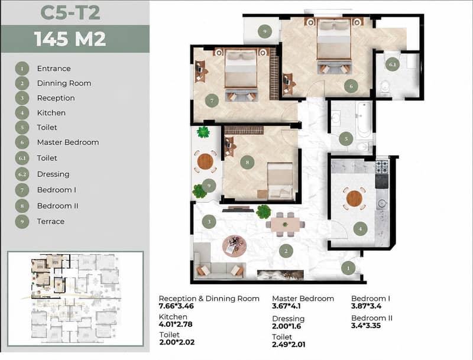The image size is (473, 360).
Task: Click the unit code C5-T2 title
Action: coord(70,13)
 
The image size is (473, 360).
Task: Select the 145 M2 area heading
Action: coord(70,39)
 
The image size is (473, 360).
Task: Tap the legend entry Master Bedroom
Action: coord(68,142)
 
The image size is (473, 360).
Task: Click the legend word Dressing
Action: coord(53,174)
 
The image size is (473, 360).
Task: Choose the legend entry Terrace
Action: coord(51,221)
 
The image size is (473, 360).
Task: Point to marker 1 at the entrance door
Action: coord(348,268)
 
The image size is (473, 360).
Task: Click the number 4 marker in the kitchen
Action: coord(360,229)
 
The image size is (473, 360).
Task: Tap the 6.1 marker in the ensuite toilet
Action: coord(393,64)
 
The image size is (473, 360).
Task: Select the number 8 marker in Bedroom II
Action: coord(247,162)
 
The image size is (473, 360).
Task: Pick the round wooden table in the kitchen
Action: coord(354,199)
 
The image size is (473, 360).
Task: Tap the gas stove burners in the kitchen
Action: coord(381,167)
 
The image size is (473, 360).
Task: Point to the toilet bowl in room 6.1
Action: coord(385,87)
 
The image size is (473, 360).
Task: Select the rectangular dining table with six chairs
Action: coord(286,224)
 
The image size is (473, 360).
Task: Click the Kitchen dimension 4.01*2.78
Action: coord(176,325)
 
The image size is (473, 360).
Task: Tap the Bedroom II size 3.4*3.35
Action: coord(366,326)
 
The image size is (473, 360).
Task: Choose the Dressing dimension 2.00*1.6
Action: coord(287,326)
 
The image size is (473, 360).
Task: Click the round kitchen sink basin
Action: coord(382,203)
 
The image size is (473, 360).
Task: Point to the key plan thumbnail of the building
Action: coord(76,299)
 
